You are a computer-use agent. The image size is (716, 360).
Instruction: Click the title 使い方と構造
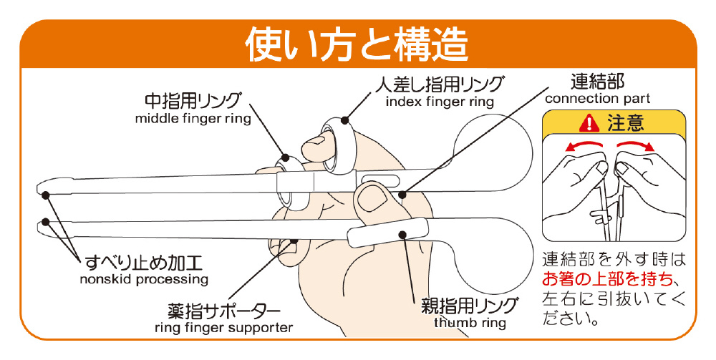coord(357,44)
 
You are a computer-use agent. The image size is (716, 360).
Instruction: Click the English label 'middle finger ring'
coord(193,119)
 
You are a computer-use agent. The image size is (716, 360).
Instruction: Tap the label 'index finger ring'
coord(440,102)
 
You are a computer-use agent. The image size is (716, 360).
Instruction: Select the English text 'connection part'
coord(597,99)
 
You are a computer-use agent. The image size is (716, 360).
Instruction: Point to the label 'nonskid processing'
coord(144,279)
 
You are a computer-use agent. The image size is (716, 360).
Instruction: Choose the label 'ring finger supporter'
coord(223,328)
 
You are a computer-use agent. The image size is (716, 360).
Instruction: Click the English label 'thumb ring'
coord(470,323)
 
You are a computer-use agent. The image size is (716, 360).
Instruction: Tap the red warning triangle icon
coord(589,123)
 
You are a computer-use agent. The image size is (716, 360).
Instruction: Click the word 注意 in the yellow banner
coord(625,123)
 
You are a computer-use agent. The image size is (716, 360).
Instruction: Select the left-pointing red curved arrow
coord(582,145)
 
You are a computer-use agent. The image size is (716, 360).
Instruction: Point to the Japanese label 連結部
coord(597,82)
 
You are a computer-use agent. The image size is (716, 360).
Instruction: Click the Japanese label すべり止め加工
coord(143,263)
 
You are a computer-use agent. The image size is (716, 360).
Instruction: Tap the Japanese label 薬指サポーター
coord(223,311)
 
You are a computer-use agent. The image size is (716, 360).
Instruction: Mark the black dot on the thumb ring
coord(402,235)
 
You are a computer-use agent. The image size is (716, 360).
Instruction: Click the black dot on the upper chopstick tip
coord(45,195)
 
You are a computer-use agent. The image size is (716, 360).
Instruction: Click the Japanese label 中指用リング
coord(192,102)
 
